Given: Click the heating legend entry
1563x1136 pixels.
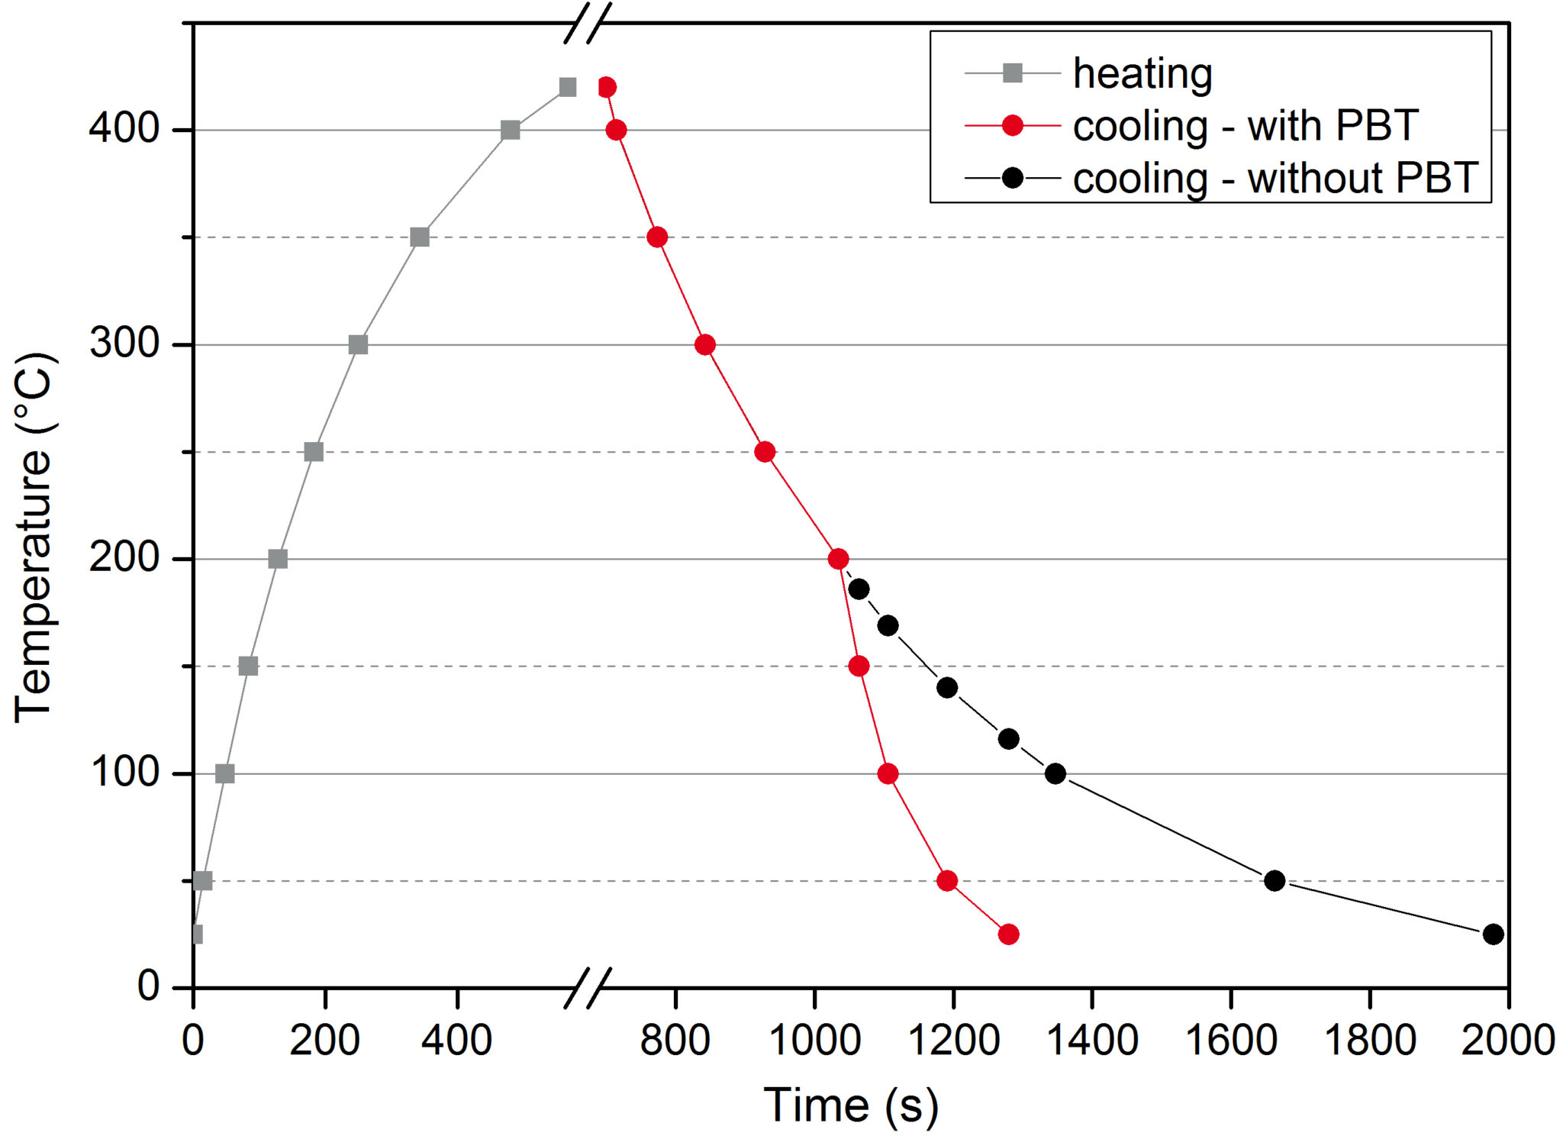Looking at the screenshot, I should click(x=1142, y=73).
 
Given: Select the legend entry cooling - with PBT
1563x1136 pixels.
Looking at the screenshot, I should click(x=1245, y=126).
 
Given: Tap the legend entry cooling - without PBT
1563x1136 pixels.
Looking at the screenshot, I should click(x=1275, y=179).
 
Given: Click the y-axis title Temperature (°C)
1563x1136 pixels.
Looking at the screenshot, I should click(x=35, y=537).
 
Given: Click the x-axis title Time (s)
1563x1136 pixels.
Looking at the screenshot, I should click(x=850, y=1105).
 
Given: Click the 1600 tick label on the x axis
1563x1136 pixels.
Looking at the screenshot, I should click(x=1231, y=1041).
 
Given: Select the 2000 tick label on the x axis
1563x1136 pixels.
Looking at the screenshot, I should click(x=1507, y=1041).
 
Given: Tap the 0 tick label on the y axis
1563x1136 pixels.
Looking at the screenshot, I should click(x=148, y=987).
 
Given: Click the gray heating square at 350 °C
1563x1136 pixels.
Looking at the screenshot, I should click(x=419, y=237).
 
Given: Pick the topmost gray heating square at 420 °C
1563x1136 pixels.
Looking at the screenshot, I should click(x=567, y=88).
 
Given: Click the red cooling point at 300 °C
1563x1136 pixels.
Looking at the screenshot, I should click(x=705, y=345).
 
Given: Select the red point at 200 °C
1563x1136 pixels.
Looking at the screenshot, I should click(x=838, y=560).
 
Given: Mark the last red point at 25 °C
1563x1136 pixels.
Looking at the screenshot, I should click(x=1008, y=934).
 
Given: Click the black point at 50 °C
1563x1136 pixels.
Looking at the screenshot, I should click(x=1275, y=881).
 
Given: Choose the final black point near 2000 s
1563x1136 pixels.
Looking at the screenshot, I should click(x=1494, y=934).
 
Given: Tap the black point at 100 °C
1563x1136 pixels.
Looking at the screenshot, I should click(x=1055, y=774).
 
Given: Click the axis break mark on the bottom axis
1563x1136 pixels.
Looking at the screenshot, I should click(x=588, y=988).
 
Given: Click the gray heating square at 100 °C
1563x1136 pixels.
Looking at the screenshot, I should click(x=224, y=774).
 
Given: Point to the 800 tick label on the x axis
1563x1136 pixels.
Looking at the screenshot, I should click(x=675, y=1041).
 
